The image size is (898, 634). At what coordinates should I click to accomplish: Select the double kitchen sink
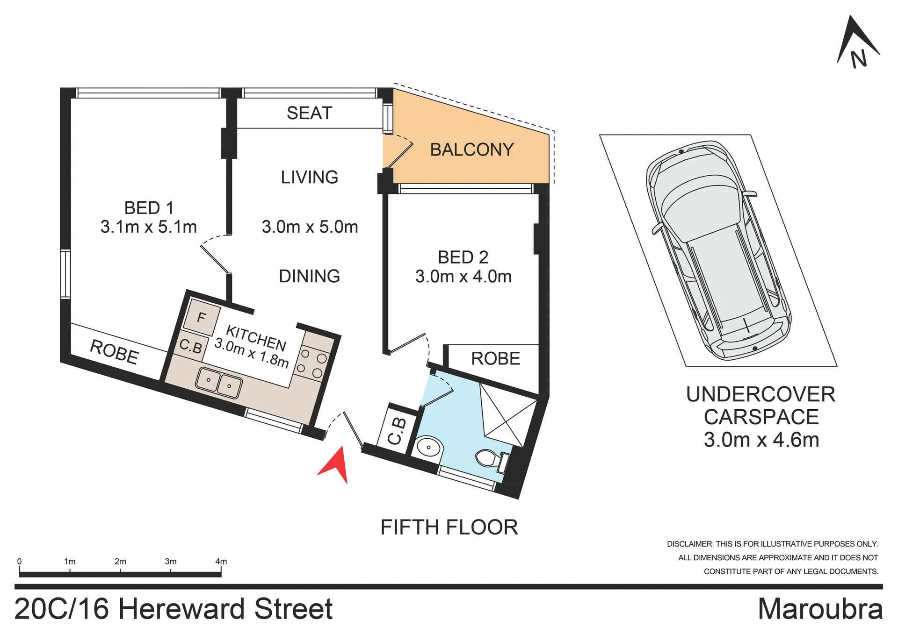(218, 383)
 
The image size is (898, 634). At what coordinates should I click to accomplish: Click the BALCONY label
(471, 150)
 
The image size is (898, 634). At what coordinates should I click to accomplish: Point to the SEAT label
(309, 113)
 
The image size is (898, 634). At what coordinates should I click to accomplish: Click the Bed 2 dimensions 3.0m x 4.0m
(463, 277)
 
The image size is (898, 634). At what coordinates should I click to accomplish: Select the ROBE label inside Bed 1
(114, 352)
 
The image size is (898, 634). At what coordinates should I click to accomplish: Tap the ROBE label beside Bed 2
(495, 359)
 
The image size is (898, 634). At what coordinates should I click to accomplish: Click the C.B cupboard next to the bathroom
(397, 430)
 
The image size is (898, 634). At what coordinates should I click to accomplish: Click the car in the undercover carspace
(718, 250)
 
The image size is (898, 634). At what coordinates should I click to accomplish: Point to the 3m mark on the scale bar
(171, 562)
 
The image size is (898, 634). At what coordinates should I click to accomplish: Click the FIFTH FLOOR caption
(449, 527)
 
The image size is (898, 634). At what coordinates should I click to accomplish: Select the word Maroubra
(820, 609)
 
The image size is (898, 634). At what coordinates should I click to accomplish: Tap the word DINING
(309, 276)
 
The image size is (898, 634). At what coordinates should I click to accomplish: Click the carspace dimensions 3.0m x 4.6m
(761, 440)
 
